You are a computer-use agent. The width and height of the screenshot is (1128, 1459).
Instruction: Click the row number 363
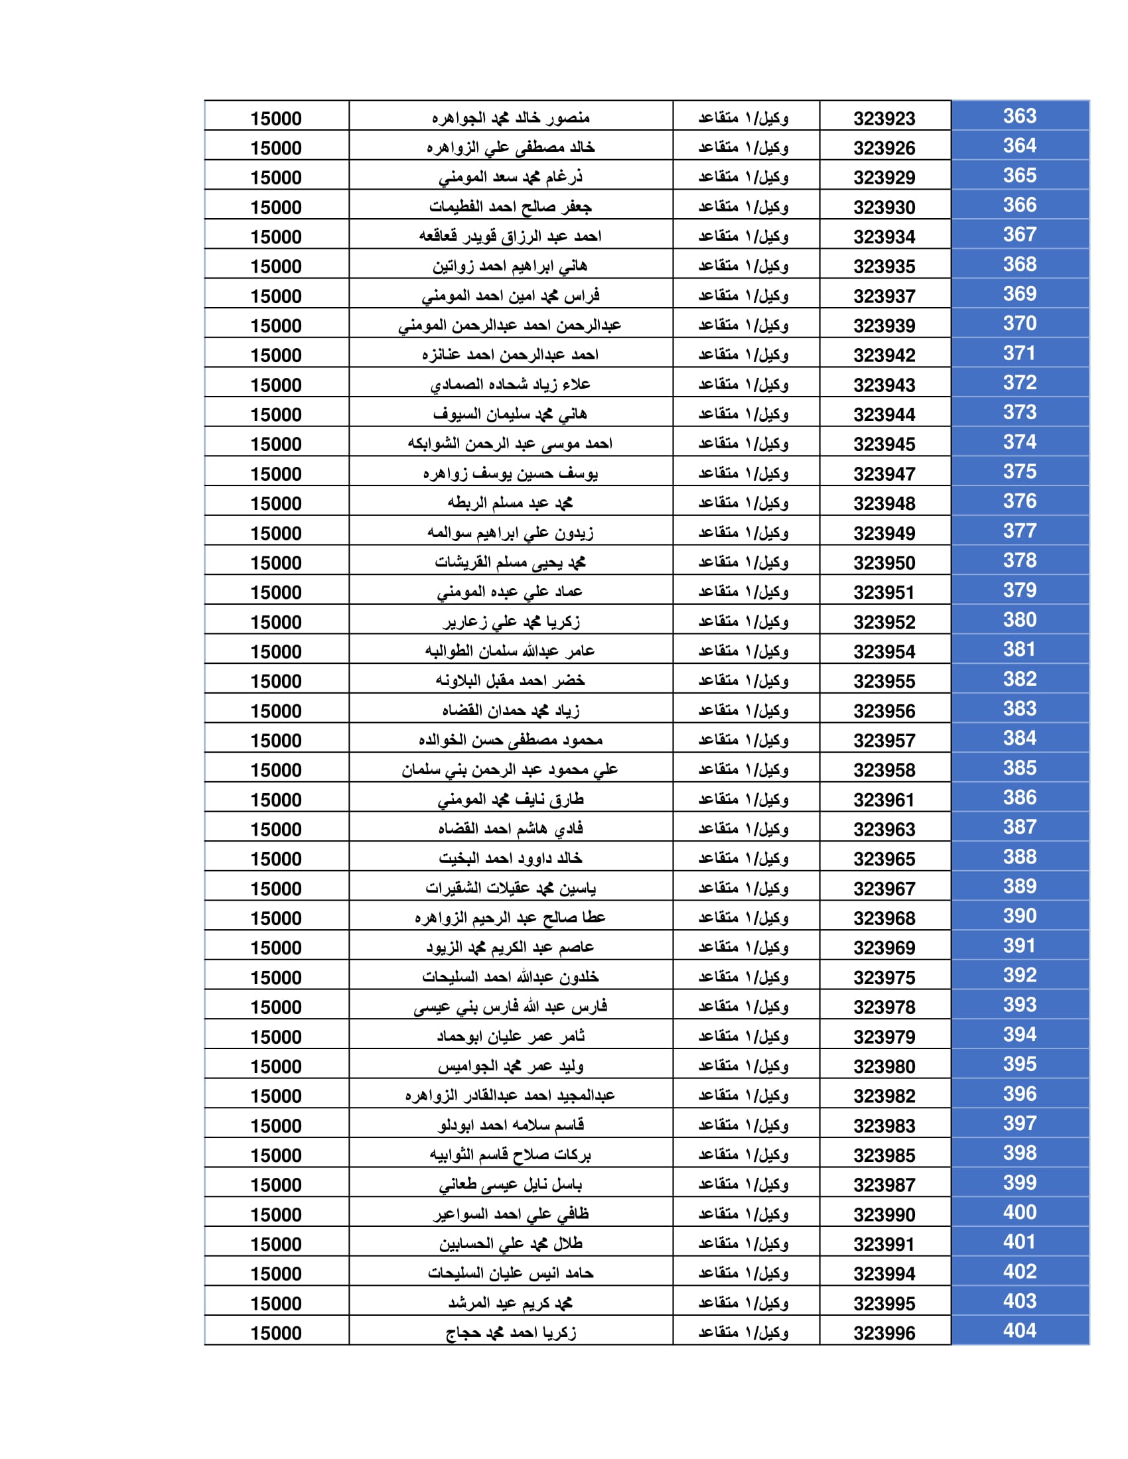click(1019, 116)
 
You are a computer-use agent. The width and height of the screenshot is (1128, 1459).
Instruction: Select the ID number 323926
click(883, 149)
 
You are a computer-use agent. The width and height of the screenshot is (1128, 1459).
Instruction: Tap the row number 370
click(1019, 324)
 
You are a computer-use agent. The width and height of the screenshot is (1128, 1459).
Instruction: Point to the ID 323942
click(883, 355)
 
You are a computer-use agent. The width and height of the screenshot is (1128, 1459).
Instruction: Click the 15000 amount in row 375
click(276, 474)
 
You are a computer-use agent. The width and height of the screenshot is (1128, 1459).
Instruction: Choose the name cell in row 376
click(510, 503)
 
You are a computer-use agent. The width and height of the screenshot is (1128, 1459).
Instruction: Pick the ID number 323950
click(883, 563)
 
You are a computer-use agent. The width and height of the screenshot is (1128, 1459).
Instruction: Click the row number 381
click(1019, 649)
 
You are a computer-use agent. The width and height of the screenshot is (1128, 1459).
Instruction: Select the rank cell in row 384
click(744, 740)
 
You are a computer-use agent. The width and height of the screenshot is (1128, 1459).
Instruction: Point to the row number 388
click(1019, 856)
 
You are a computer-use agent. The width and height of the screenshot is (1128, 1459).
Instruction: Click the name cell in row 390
click(510, 918)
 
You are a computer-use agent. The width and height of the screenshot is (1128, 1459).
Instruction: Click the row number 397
click(1019, 1123)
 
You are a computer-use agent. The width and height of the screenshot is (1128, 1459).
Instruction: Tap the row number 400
click(1019, 1212)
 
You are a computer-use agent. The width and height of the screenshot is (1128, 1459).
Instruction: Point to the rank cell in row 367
click(744, 237)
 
